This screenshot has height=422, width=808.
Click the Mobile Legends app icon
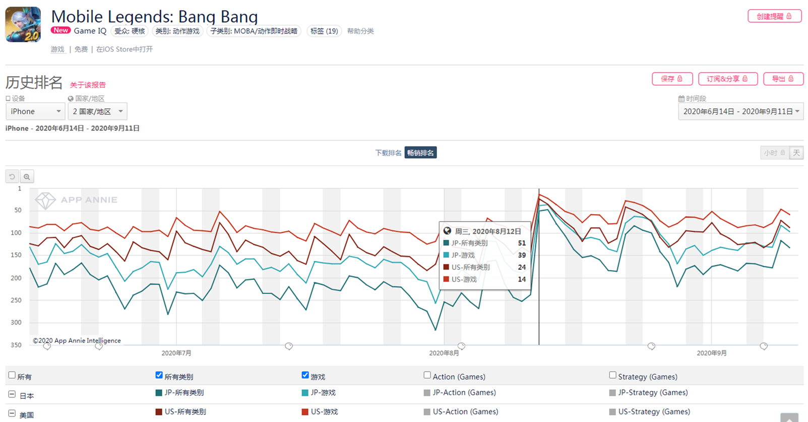click(23, 24)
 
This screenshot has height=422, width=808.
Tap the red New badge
click(61, 30)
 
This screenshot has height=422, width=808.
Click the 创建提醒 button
click(774, 16)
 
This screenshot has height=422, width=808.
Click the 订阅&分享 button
click(727, 79)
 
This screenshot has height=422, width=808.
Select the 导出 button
click(783, 79)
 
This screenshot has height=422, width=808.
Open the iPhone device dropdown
click(35, 111)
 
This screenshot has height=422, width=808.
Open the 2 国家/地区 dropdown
click(97, 111)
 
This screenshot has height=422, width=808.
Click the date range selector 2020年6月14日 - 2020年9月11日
click(740, 111)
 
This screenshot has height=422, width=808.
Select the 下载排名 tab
click(388, 153)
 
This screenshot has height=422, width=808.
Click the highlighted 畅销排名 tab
click(420, 153)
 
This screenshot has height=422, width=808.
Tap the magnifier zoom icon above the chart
click(27, 177)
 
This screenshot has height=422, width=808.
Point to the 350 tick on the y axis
click(17, 345)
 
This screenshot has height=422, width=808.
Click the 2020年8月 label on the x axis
click(444, 353)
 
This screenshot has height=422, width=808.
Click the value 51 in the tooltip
click(522, 243)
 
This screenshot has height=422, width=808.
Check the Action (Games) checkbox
click(427, 375)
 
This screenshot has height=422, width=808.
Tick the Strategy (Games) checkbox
click(613, 375)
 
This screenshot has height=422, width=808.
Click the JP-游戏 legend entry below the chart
click(323, 393)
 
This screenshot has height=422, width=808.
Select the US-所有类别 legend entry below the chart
click(184, 412)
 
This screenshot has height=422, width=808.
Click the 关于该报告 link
click(88, 85)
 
